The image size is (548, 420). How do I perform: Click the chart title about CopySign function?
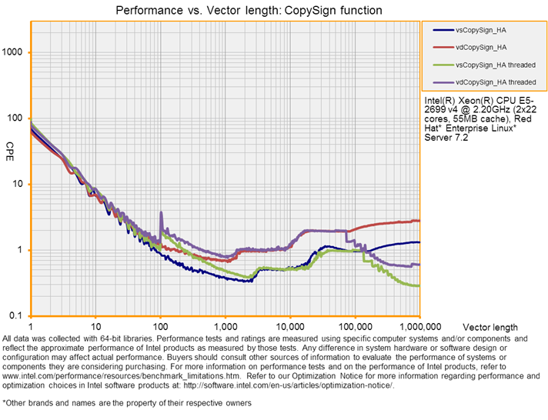click(248, 10)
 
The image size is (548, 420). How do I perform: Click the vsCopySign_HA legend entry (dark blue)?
click(485, 30)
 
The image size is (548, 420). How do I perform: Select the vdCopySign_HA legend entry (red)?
click(485, 47)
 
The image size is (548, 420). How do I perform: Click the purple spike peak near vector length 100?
click(160, 212)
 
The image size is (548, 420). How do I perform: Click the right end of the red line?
click(419, 221)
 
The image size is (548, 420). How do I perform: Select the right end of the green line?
click(419, 285)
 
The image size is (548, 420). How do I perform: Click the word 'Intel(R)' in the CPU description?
click(440, 101)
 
